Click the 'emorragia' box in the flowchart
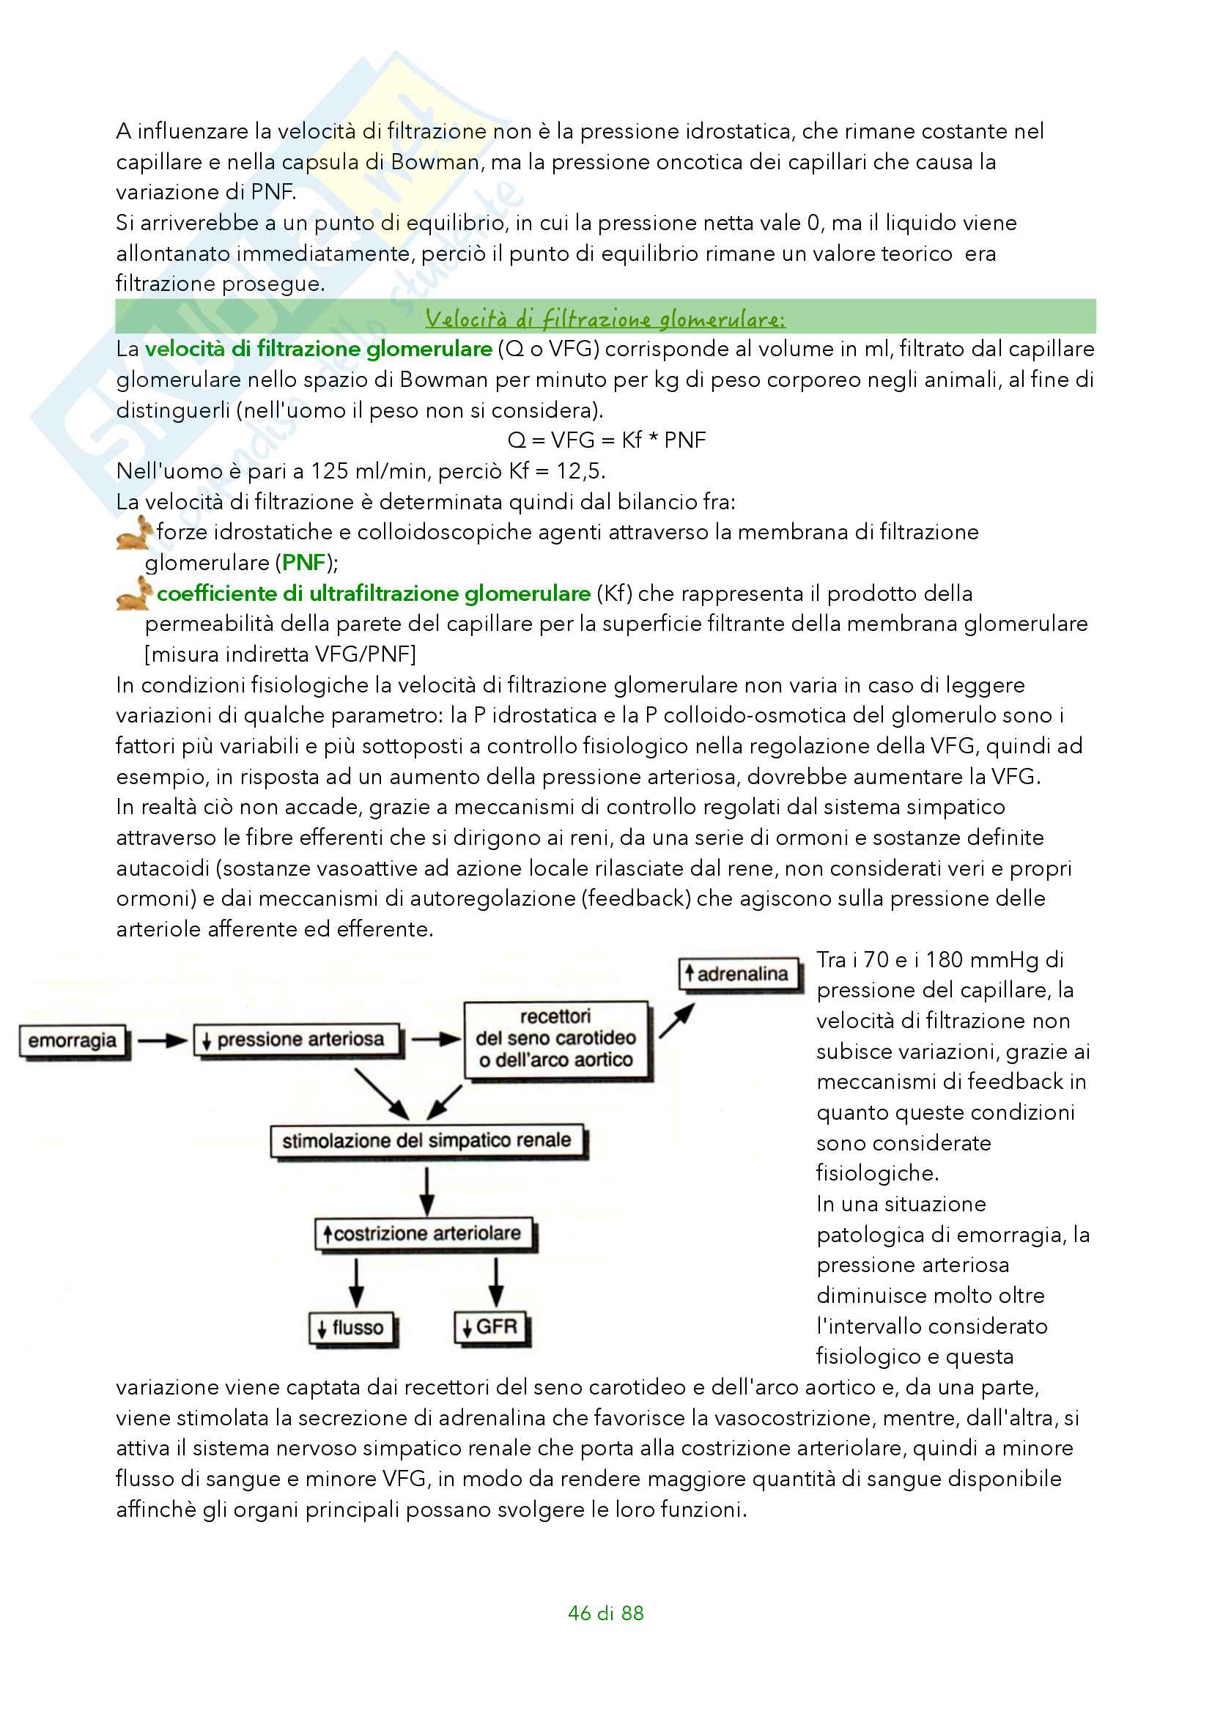[73, 1040]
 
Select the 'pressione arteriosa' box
[296, 1039]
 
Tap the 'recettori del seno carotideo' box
[556, 1038]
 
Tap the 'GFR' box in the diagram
[490, 1326]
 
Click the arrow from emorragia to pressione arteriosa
[162, 1040]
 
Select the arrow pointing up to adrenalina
[676, 1021]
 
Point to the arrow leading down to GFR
[496, 1282]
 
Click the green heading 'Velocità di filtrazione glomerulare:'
[605, 319]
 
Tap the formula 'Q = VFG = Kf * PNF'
[606, 440]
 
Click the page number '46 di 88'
[605, 1613]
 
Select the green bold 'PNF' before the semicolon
[304, 562]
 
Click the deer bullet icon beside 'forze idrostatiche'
[134, 532]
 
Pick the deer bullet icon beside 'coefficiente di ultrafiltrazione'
[134, 593]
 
